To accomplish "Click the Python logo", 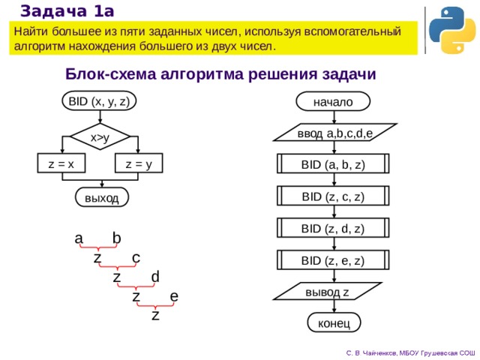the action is (x=452, y=30).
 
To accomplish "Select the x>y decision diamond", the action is (x=100, y=136).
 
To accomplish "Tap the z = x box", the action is (x=61, y=163).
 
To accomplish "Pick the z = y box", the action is (x=139, y=163).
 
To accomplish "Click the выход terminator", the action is (x=102, y=197).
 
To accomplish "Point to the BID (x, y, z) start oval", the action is (x=99, y=100).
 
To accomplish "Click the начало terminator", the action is (x=333, y=101).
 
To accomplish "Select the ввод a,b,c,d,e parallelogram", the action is (x=335, y=133).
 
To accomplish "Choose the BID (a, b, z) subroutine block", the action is (x=333, y=163).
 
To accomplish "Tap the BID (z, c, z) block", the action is (x=333, y=196).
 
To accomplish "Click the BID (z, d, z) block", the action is (x=333, y=228).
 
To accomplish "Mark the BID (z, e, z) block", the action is (x=333, y=260).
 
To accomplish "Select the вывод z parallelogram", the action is (x=327, y=291).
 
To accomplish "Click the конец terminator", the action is (x=334, y=322).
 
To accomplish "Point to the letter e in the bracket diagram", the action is (x=174, y=296).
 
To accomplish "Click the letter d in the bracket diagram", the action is (x=155, y=277).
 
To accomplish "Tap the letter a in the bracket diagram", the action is (x=79, y=238).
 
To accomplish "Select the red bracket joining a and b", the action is (x=98, y=247).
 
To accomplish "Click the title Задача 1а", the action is (x=67, y=11).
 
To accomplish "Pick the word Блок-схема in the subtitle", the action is (x=110, y=73).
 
